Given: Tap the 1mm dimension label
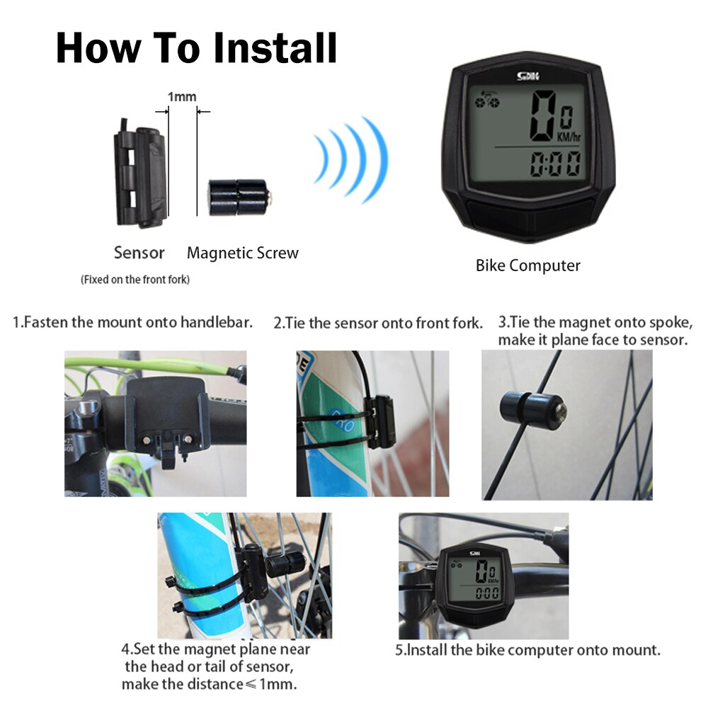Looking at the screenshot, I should (181, 96).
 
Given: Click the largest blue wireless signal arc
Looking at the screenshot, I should (377, 160).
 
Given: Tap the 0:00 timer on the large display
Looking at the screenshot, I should (555, 165).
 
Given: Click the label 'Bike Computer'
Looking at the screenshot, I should (527, 265).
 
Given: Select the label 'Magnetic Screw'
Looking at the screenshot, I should (242, 253).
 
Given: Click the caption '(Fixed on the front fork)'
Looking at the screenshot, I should (135, 280).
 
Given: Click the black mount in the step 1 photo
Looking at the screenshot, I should (167, 418).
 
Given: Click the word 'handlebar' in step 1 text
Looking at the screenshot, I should (216, 323).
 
